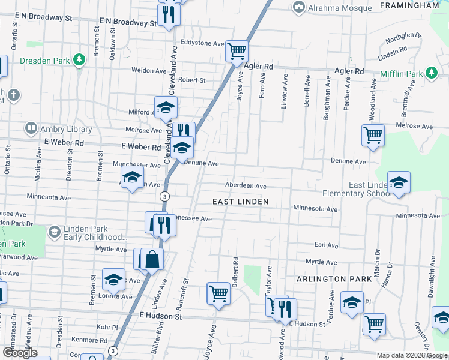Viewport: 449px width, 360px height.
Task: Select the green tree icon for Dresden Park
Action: [x=78, y=60]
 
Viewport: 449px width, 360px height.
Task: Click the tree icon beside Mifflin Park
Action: [x=430, y=73]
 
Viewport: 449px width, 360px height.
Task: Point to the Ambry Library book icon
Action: [x=30, y=128]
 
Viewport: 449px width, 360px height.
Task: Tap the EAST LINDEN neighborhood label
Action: [x=241, y=202]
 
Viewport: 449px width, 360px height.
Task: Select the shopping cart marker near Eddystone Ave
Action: [x=237, y=50]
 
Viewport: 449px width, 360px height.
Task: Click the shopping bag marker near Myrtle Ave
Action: [x=152, y=259]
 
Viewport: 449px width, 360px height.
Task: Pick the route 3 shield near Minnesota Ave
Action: [x=164, y=196]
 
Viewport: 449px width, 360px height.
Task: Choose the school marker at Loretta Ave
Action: [x=113, y=279]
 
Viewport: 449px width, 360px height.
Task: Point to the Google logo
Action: [x=20, y=353]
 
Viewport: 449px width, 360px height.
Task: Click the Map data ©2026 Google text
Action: [x=411, y=355]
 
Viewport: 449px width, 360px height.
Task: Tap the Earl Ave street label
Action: [x=327, y=245]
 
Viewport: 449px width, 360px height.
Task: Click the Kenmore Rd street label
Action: [x=89, y=340]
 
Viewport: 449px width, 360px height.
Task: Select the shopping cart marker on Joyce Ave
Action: [x=218, y=294]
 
